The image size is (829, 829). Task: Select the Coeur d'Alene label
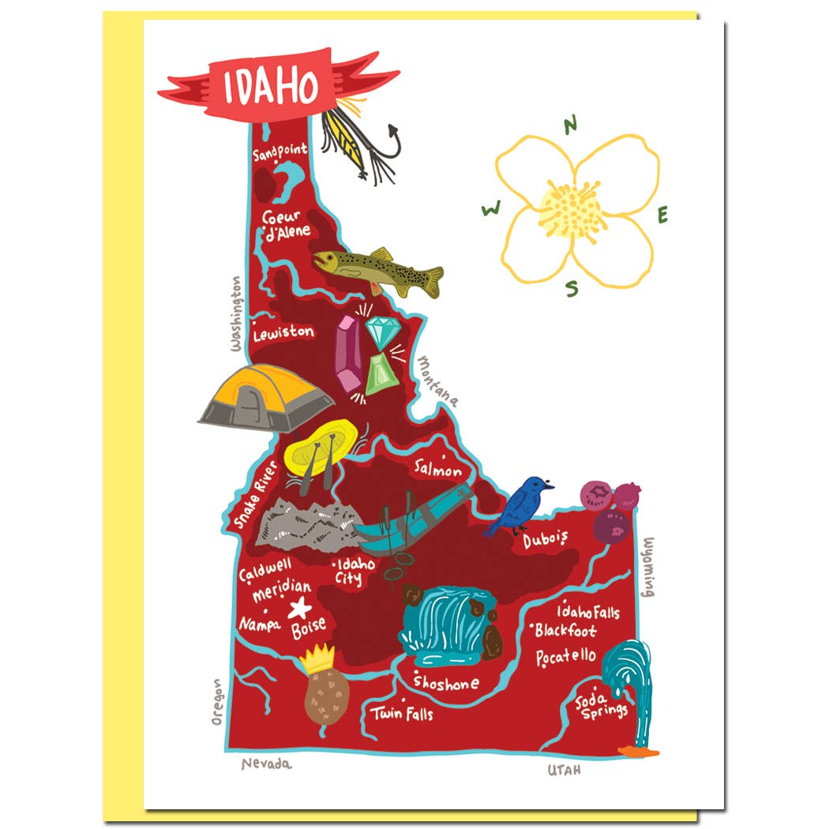(x=285, y=224)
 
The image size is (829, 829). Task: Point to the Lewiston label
(x=283, y=333)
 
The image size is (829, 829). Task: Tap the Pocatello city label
(x=566, y=657)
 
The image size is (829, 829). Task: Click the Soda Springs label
(x=602, y=705)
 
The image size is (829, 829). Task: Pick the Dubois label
(x=545, y=540)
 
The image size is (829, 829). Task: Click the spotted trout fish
(x=377, y=270)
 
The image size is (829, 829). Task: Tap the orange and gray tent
(x=265, y=397)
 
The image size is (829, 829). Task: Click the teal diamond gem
(x=383, y=333)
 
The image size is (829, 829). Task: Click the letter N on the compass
(x=571, y=123)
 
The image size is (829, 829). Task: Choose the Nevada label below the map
(x=266, y=763)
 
